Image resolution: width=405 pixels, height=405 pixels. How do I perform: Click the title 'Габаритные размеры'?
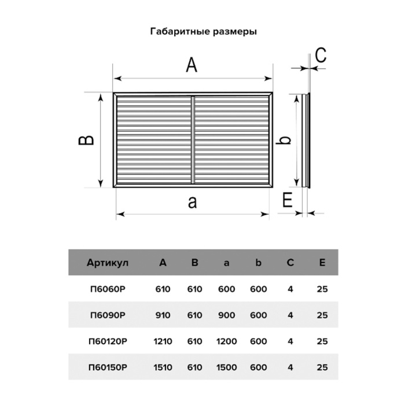click(x=204, y=32)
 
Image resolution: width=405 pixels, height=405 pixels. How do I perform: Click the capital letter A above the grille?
click(x=192, y=65)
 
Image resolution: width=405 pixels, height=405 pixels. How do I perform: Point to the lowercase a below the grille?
click(x=193, y=203)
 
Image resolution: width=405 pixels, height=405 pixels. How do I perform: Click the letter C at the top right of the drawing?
click(x=321, y=55)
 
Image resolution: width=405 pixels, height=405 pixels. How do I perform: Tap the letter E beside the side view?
click(x=287, y=200)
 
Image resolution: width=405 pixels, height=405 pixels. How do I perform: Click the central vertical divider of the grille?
click(x=193, y=140)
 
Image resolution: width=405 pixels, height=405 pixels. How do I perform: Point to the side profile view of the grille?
click(x=306, y=140)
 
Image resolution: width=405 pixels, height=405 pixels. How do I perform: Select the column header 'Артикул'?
click(x=108, y=263)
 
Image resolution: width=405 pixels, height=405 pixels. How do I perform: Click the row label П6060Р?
click(x=108, y=289)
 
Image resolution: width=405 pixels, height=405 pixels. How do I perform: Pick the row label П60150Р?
click(x=108, y=367)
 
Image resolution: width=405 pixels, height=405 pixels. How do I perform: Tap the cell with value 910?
click(x=163, y=315)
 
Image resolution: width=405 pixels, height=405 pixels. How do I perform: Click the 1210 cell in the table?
click(x=163, y=341)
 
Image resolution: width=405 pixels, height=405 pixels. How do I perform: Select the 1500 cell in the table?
click(x=227, y=367)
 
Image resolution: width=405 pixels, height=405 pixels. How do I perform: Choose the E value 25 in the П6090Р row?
click(x=322, y=315)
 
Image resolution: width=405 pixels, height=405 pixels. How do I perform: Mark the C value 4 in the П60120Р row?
click(x=290, y=341)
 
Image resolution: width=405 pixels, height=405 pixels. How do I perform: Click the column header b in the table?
click(x=258, y=263)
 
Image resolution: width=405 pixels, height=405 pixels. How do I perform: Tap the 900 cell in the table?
click(x=227, y=315)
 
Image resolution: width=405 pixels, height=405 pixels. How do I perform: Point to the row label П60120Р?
click(x=108, y=341)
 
